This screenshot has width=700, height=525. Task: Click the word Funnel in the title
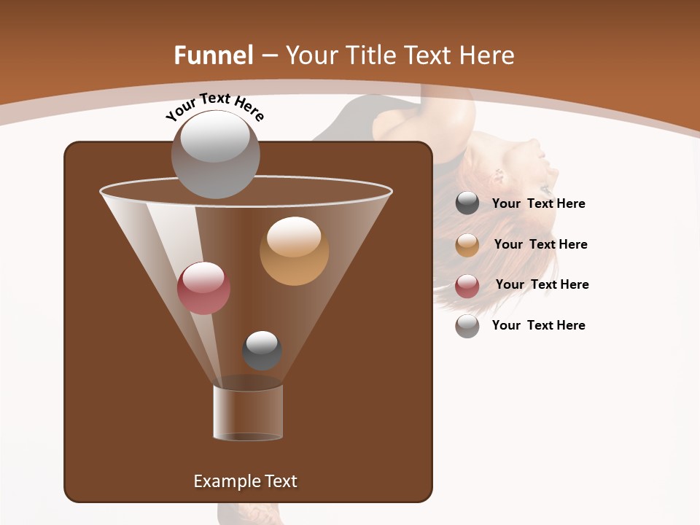(213, 55)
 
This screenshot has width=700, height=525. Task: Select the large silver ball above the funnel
(216, 154)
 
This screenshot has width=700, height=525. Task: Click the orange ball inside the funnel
(294, 251)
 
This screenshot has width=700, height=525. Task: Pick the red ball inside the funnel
(203, 288)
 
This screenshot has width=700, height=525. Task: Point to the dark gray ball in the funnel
(262, 351)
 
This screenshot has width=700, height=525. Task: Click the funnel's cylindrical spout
(248, 411)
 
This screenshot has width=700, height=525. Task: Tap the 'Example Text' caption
(245, 481)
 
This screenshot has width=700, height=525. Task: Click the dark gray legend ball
(467, 203)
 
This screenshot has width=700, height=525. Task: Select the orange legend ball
(467, 245)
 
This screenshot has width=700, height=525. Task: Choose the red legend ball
(467, 286)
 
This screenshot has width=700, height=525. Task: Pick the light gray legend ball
(467, 326)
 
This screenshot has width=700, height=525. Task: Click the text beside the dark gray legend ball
(538, 203)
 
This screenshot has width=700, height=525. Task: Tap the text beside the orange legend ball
(540, 244)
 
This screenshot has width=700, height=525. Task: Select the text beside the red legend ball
(542, 284)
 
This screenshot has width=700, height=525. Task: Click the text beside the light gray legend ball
(538, 325)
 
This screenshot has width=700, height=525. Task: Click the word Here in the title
(486, 55)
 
